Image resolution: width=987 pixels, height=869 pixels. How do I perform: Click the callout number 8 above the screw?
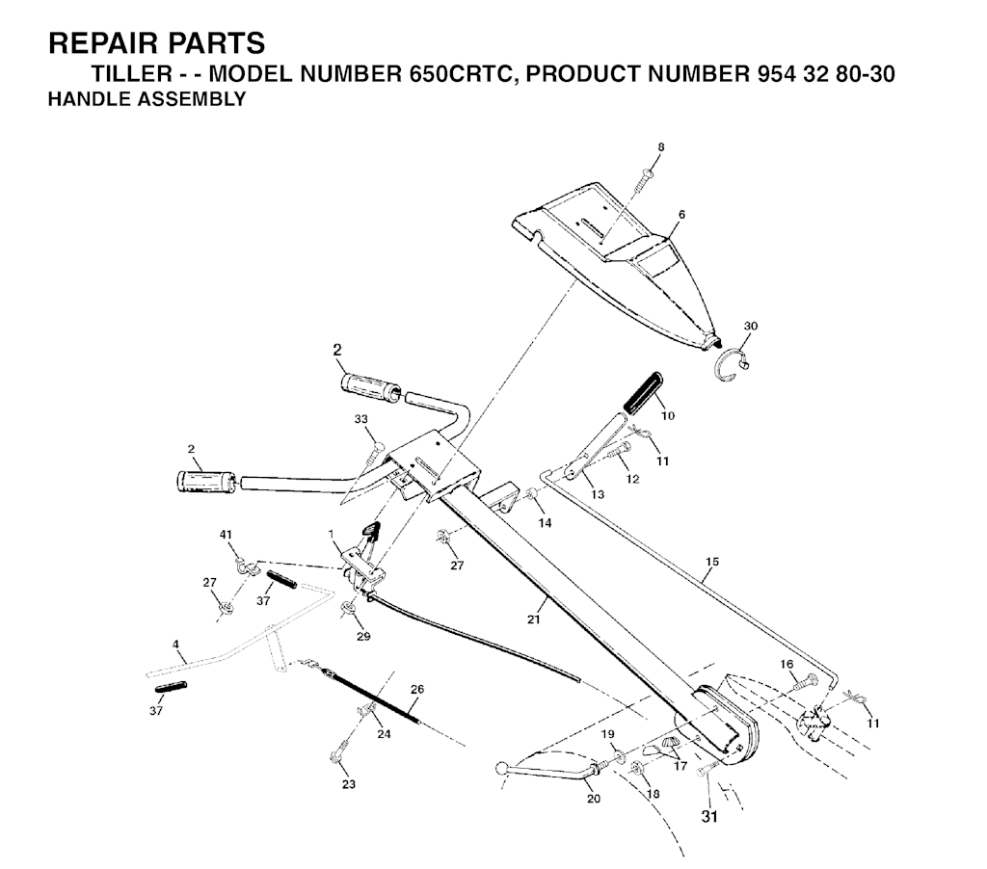pyautogui.click(x=661, y=147)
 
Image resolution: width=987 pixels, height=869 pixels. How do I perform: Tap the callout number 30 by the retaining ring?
pyautogui.click(x=751, y=326)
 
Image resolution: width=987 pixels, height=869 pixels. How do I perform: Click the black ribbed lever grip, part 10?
pyautogui.click(x=642, y=392)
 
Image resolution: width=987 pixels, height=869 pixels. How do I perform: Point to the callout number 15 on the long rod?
pyautogui.click(x=712, y=562)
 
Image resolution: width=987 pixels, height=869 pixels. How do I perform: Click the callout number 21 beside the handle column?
pyautogui.click(x=534, y=619)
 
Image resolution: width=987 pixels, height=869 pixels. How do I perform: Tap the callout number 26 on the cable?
pyautogui.click(x=417, y=689)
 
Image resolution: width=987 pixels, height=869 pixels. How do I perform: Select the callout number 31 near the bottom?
pyautogui.click(x=709, y=817)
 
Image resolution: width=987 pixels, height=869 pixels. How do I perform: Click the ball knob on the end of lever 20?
pyautogui.click(x=502, y=768)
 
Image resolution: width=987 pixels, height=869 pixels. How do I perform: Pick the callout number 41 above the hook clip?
pyautogui.click(x=226, y=535)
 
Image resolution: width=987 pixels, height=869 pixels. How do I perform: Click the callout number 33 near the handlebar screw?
pyautogui.click(x=361, y=419)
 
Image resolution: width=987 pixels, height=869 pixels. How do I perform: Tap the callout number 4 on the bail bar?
pyautogui.click(x=175, y=645)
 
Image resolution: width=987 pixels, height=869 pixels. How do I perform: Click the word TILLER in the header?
pyautogui.click(x=131, y=73)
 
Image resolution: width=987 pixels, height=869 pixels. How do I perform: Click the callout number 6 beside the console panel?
pyautogui.click(x=681, y=215)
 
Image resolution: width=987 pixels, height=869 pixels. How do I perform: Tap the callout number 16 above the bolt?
pyautogui.click(x=787, y=665)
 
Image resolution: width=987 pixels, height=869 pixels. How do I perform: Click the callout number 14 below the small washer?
pyautogui.click(x=546, y=523)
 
